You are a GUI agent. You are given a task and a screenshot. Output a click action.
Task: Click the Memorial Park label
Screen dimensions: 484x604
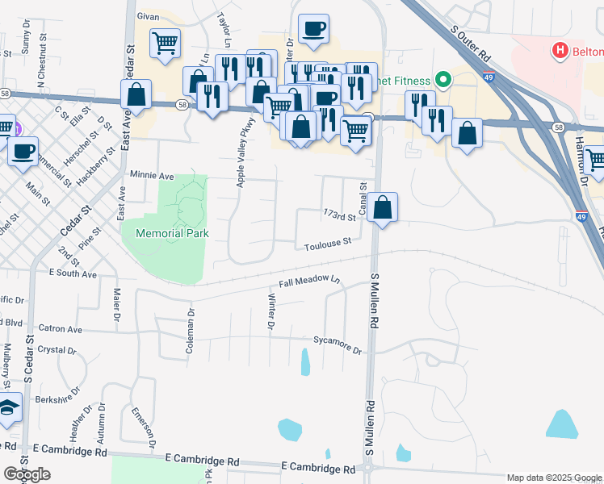pyautogui.click(x=172, y=233)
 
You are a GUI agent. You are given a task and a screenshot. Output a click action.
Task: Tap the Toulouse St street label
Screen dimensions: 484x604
pyautogui.click(x=328, y=242)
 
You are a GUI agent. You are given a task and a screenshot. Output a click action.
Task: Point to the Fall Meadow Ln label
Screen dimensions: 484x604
pyautogui.click(x=310, y=282)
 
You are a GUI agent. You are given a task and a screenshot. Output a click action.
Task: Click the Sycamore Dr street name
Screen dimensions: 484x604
pyautogui.click(x=338, y=344)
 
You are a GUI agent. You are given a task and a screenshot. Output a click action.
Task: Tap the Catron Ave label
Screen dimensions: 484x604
pyautogui.click(x=61, y=329)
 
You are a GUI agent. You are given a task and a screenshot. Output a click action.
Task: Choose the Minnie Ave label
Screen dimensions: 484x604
pyautogui.click(x=152, y=175)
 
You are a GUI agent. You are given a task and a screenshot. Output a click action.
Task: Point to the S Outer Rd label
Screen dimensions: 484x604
pyautogui.click(x=471, y=43)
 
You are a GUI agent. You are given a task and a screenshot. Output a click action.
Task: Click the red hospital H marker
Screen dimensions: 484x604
pyautogui.click(x=559, y=52)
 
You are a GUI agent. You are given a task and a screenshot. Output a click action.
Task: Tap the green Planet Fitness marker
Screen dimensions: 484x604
pyautogui.click(x=442, y=80)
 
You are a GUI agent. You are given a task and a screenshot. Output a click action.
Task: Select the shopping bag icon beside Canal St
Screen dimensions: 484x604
pyautogui.click(x=384, y=208)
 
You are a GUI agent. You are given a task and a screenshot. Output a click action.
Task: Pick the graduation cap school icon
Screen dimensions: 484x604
pyautogui.click(x=9, y=409)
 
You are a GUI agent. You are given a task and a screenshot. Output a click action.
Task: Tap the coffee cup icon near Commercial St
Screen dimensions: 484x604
pyautogui.click(x=23, y=150)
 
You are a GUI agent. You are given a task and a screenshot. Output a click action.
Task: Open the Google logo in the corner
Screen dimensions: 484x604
pyautogui.click(x=26, y=474)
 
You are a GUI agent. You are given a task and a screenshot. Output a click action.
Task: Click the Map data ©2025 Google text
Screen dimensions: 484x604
pyautogui.click(x=554, y=478)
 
